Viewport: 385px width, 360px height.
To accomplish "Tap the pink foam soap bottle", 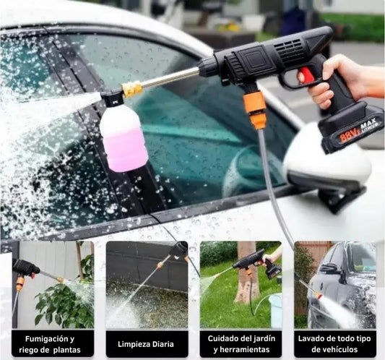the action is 124,138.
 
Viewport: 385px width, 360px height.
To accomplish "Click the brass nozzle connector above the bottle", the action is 132,90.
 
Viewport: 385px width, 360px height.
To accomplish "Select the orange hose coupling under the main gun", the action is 255,111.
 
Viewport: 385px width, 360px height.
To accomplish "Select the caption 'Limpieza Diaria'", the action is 146,344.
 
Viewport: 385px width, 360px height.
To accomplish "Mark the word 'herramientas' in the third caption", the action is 241,349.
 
